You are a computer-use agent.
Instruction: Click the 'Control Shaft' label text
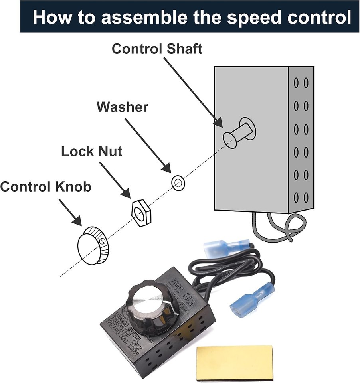click(x=157, y=49)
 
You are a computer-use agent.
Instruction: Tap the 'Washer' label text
click(x=122, y=107)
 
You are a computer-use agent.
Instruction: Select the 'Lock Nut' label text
click(x=91, y=152)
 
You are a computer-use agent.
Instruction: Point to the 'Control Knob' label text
click(x=45, y=186)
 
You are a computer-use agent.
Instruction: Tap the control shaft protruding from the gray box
click(x=238, y=133)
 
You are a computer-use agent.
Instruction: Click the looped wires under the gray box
click(x=279, y=227)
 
